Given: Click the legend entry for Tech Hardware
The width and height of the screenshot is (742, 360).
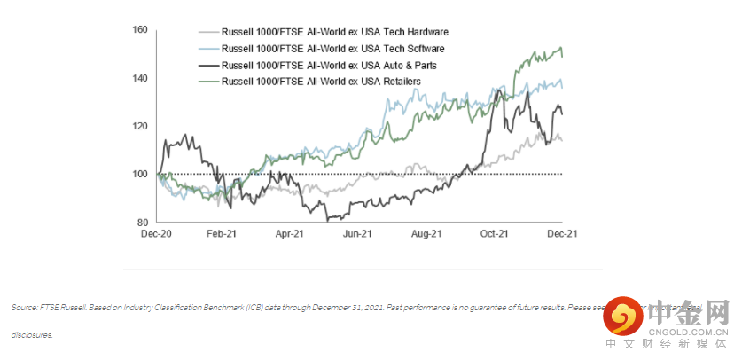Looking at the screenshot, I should tap(336, 32).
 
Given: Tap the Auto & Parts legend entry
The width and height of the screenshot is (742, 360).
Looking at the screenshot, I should tap(329, 65).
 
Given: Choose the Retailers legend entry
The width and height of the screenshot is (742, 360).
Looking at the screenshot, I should tap(320, 81).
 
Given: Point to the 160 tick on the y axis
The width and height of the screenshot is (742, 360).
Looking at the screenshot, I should tap(139, 30).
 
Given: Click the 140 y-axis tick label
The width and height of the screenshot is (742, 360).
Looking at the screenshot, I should tap(139, 78).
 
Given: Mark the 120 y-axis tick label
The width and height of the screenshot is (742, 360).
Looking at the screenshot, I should tap(139, 126).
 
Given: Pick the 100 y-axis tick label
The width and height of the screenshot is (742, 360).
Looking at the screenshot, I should tap(139, 174).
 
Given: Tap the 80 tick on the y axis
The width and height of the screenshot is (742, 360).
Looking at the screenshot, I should tap(142, 222).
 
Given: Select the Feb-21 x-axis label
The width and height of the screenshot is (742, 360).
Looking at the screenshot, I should tap(222, 234).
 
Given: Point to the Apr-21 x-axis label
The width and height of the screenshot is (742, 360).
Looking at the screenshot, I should tap(289, 234).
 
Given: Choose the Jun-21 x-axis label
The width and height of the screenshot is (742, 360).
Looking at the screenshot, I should tap(356, 234).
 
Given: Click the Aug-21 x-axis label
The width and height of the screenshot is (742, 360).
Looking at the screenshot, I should tap(426, 234).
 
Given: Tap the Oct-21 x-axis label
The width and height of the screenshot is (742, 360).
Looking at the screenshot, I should tap(493, 234).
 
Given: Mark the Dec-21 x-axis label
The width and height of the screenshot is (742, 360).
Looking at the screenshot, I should tap(561, 234).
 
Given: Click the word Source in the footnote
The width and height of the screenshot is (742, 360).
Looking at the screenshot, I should tap(24, 308).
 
